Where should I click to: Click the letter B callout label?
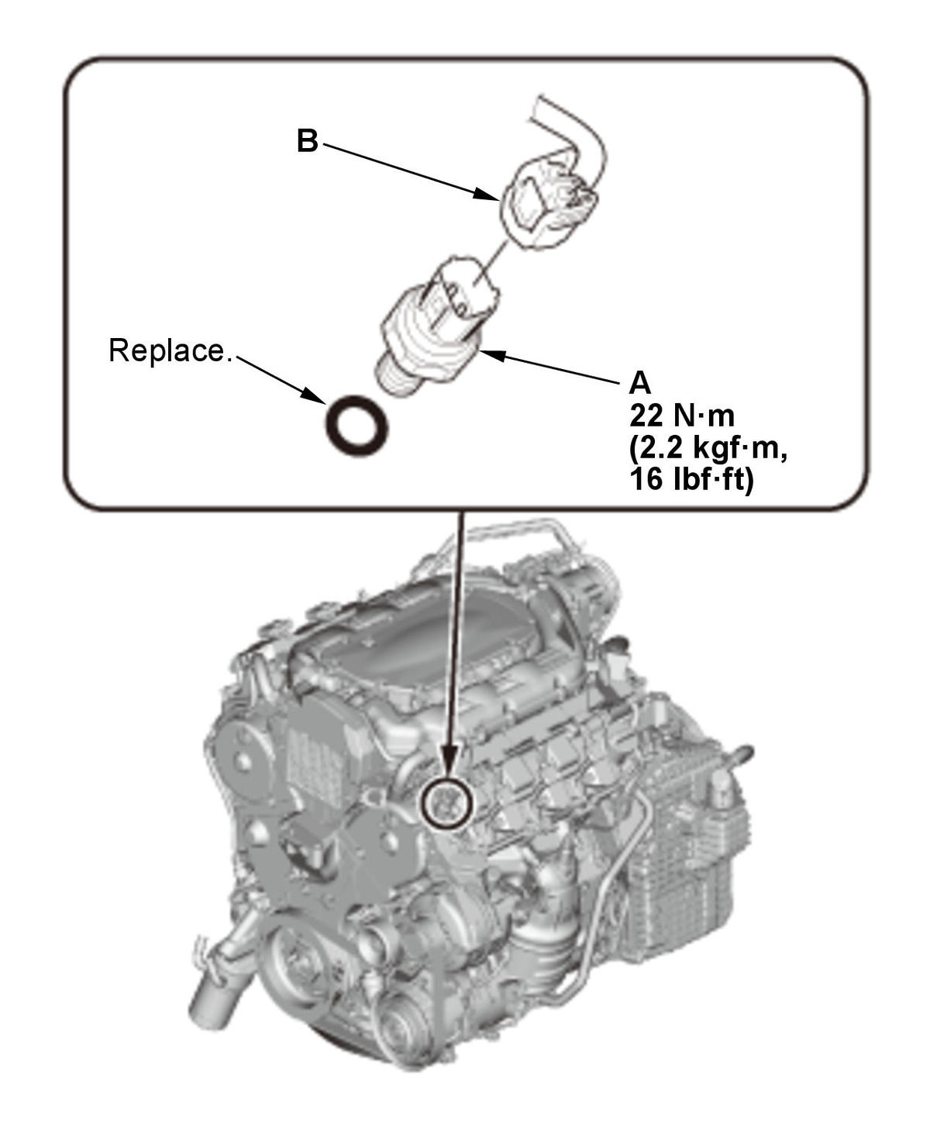coord(307,142)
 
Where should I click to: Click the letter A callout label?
coord(640,383)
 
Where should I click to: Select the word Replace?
coord(170,350)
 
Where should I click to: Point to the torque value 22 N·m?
coord(681,416)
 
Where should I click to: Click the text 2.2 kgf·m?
coord(709,449)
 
